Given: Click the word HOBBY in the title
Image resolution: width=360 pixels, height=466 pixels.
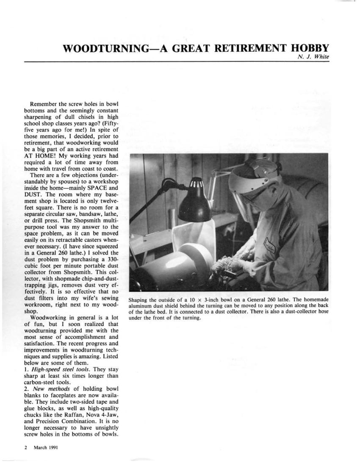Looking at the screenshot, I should tap(309, 47).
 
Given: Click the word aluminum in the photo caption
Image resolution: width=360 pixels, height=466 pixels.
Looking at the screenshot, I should tap(144, 306).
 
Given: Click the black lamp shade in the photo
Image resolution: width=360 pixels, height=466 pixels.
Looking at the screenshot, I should tap(194, 204).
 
